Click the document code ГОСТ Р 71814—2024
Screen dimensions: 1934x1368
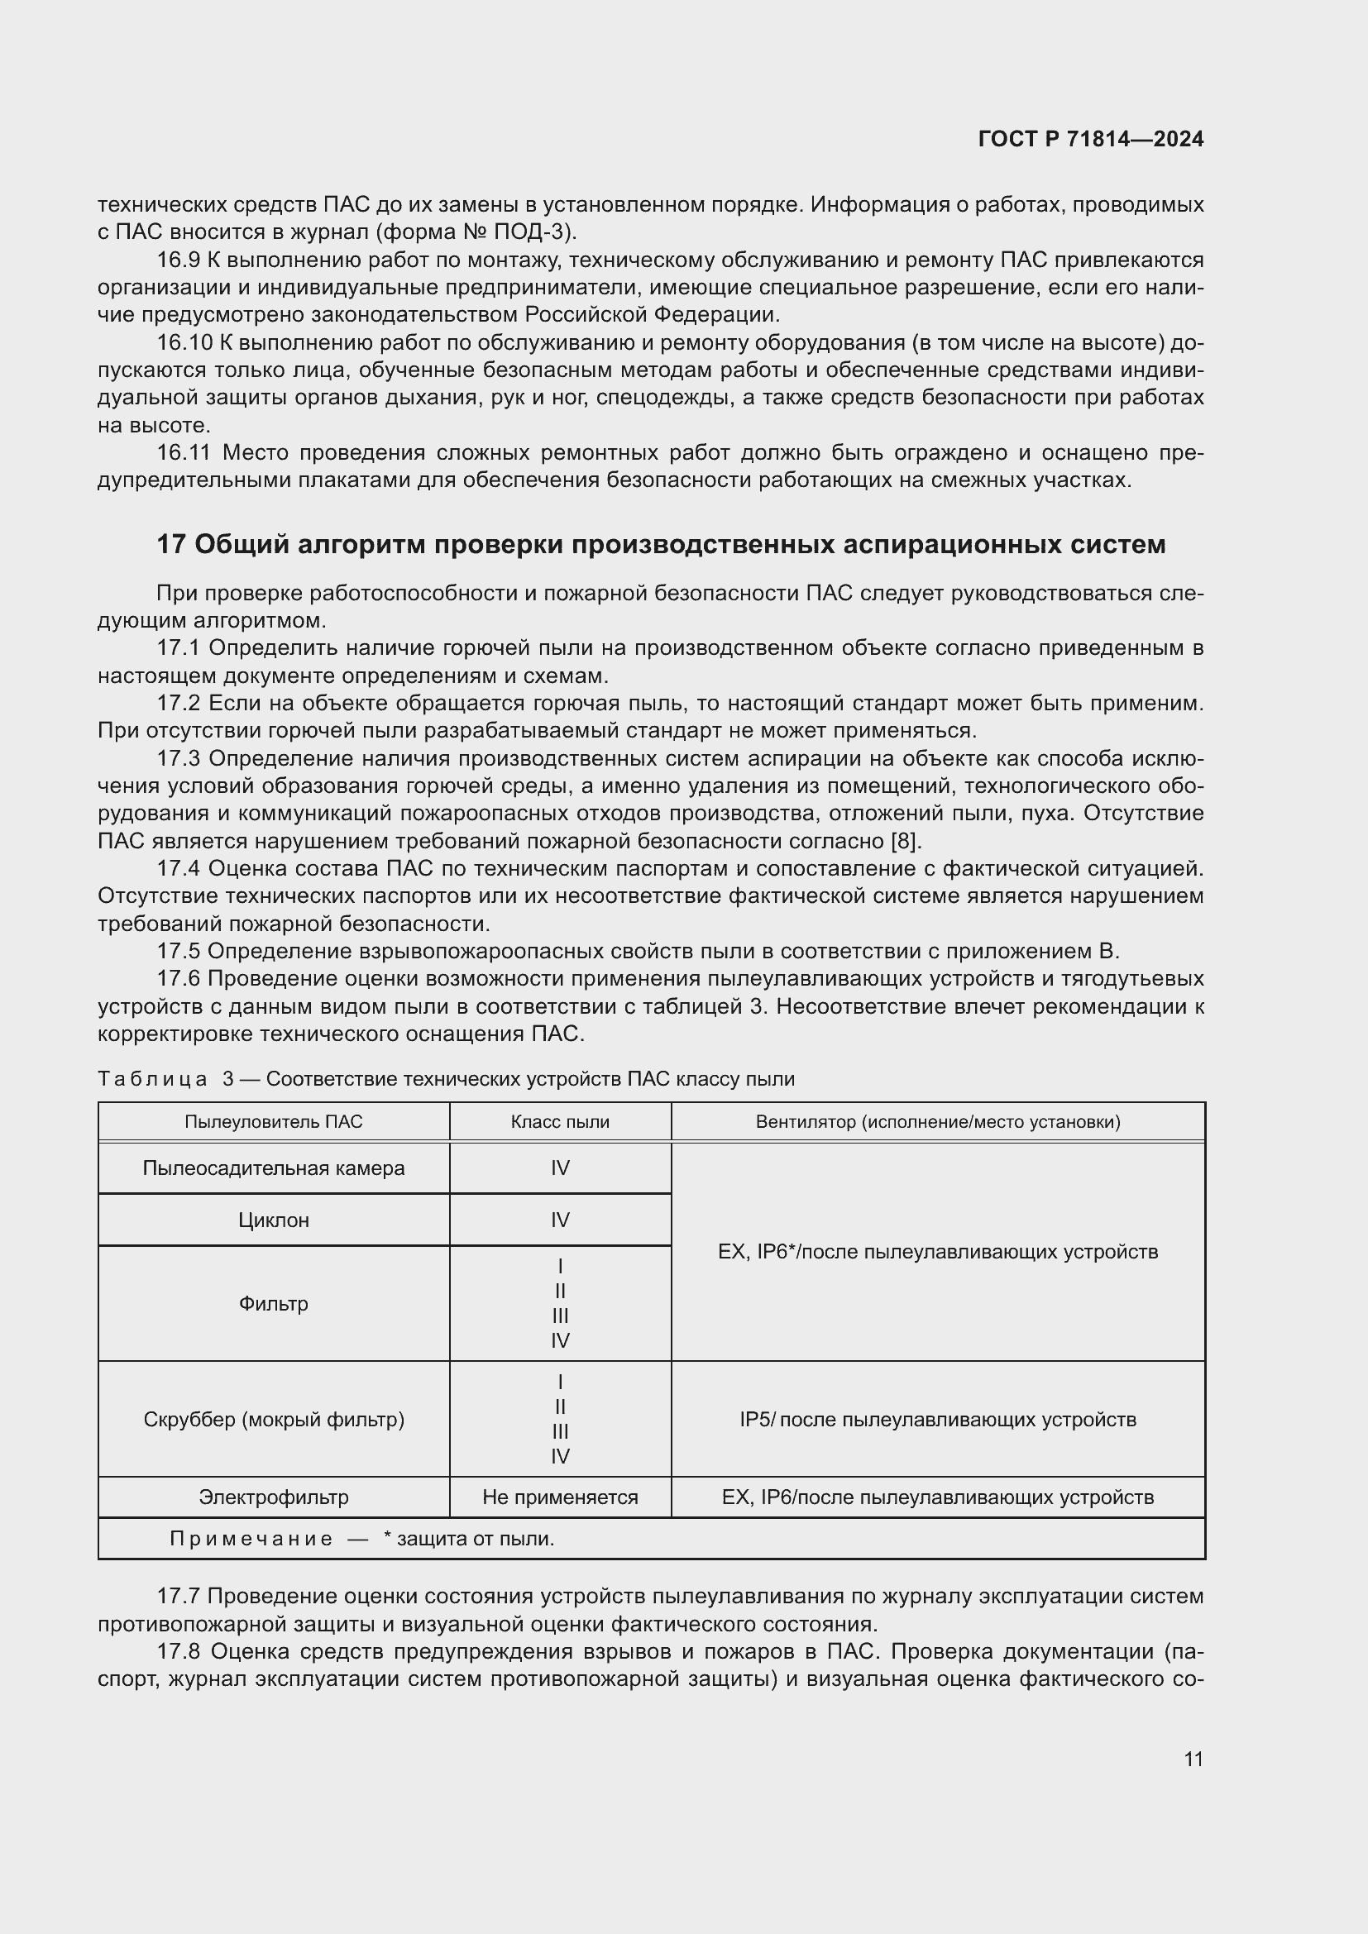click(x=1090, y=139)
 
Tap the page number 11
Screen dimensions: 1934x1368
click(x=1193, y=1759)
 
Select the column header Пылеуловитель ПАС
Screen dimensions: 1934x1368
click(x=274, y=1122)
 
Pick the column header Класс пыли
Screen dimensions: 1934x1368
click(x=559, y=1122)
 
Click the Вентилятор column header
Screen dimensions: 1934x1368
click(x=938, y=1122)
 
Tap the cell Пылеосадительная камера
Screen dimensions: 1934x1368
click(x=274, y=1168)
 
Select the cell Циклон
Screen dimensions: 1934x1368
click(x=274, y=1220)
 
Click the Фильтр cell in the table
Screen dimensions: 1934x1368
click(x=274, y=1304)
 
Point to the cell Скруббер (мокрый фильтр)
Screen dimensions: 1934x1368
click(x=274, y=1420)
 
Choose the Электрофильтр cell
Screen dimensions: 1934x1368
click(x=274, y=1497)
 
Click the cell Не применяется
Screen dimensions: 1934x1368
click(x=559, y=1497)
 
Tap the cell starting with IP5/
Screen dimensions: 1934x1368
click(x=938, y=1420)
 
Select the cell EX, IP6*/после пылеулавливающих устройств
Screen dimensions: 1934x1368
click(x=938, y=1252)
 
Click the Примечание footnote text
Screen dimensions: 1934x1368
click(x=362, y=1539)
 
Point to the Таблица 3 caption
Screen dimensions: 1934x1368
click(x=447, y=1079)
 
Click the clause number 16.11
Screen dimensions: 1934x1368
click(x=183, y=453)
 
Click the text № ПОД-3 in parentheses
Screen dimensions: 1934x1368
click(x=531, y=232)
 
